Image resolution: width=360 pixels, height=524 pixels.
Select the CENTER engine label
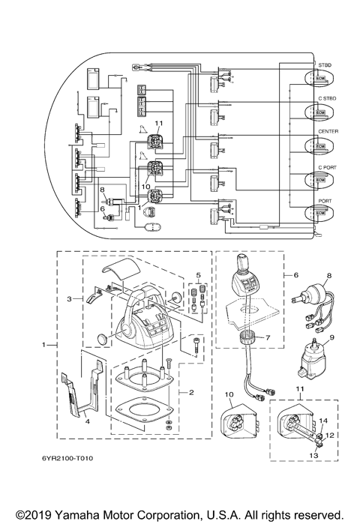click(328, 132)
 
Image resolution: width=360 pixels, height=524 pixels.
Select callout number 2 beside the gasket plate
click(192, 392)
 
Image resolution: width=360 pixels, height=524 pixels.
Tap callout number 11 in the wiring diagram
click(159, 123)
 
